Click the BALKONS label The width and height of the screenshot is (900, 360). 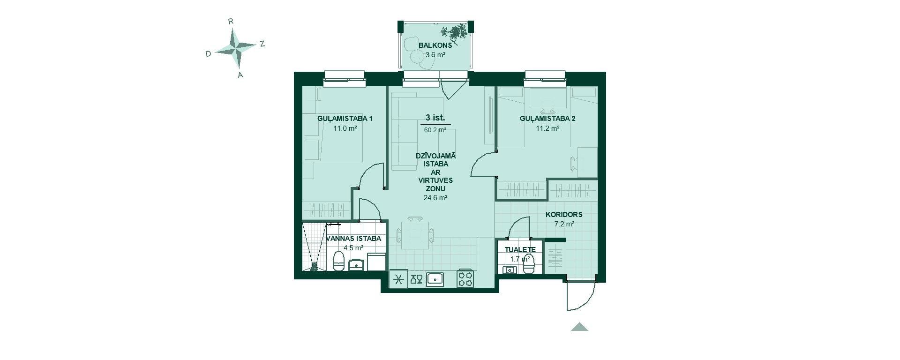click(435, 45)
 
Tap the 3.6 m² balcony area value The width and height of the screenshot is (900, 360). click(435, 55)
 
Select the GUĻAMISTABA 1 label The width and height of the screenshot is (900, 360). click(345, 119)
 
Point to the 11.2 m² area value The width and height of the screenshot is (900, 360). click(547, 128)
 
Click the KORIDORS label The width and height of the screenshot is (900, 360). click(564, 215)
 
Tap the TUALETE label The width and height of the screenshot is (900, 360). click(520, 250)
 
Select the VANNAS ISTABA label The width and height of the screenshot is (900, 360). click(353, 239)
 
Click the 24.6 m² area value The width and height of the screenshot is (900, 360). click(435, 198)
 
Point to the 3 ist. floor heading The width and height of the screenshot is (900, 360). click(435, 117)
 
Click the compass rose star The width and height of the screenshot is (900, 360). click(237, 47)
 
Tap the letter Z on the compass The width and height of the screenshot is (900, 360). click(262, 44)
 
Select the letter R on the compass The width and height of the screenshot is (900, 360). click(231, 21)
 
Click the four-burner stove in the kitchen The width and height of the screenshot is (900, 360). click(465, 279)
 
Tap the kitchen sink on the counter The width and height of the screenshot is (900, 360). click(435, 279)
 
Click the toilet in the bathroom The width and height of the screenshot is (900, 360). click(338, 261)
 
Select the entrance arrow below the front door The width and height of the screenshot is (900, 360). click(579, 327)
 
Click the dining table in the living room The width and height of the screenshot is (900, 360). click(415, 235)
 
